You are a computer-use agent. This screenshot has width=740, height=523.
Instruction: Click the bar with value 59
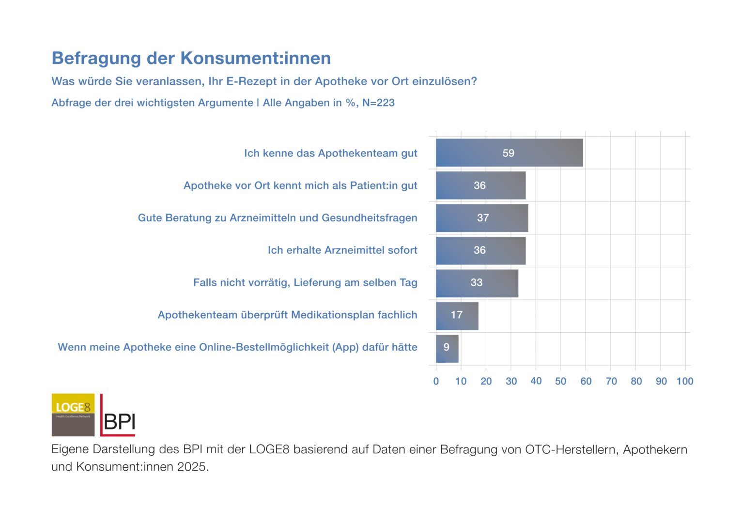pyautogui.click(x=509, y=153)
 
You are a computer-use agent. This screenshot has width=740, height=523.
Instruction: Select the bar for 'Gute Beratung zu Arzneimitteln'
pyautogui.click(x=482, y=218)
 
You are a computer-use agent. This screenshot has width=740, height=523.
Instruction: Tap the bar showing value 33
pyautogui.click(x=477, y=283)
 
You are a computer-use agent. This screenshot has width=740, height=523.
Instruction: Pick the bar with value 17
pyautogui.click(x=457, y=316)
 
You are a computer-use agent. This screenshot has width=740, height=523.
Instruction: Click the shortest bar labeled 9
pyautogui.click(x=447, y=348)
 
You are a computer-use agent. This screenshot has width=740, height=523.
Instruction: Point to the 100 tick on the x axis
pyautogui.click(x=685, y=382)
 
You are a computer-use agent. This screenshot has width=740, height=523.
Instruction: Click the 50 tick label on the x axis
pyautogui.click(x=561, y=382)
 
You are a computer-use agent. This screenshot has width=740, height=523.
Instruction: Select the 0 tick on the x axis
pyautogui.click(x=436, y=382)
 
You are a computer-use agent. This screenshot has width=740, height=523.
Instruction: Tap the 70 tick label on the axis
pyautogui.click(x=611, y=382)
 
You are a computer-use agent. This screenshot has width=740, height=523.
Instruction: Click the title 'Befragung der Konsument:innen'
pyautogui.click(x=191, y=58)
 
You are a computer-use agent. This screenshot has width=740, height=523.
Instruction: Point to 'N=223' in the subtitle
pyautogui.click(x=378, y=103)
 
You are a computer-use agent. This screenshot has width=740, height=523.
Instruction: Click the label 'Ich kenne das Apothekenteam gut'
pyautogui.click(x=330, y=154)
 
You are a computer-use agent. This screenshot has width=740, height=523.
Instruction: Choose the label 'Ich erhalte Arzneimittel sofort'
pyautogui.click(x=342, y=250)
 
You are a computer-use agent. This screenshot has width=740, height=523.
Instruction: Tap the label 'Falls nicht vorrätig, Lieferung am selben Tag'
pyautogui.click(x=305, y=283)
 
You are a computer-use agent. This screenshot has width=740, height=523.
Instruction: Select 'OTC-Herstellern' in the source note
pyautogui.click(x=571, y=449)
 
